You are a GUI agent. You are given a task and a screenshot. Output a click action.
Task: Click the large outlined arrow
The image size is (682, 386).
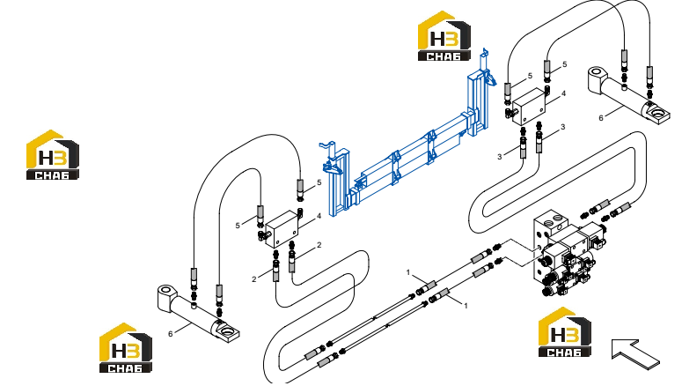tap(635, 353)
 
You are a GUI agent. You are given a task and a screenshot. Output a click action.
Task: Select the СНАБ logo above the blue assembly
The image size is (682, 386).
tap(444, 36)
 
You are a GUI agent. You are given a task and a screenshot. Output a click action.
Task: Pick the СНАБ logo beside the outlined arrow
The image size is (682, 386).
tap(565, 332)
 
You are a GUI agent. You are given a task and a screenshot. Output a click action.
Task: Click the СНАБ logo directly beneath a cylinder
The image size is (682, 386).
tap(126, 347)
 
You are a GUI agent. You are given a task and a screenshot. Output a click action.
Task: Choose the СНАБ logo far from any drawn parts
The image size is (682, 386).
tap(53, 154)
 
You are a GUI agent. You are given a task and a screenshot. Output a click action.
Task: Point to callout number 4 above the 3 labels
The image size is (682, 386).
tap(564, 93)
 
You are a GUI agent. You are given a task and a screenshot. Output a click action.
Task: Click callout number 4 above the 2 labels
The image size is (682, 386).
tap(319, 216)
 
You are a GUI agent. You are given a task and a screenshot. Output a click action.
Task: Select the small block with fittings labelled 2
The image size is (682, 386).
tap(282, 229)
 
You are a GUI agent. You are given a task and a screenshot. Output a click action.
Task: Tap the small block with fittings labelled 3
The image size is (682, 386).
tap(529, 107)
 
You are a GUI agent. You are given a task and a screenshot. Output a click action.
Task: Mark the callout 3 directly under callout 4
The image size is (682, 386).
tap(563, 127)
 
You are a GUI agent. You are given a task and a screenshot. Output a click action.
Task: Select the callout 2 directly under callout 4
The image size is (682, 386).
tap(319, 245)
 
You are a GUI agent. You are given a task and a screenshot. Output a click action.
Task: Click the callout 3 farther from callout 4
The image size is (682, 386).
tap(499, 157)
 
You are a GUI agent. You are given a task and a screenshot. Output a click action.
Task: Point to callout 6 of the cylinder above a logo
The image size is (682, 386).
tap(170, 334)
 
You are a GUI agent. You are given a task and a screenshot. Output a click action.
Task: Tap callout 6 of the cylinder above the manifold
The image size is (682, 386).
tap(601, 118)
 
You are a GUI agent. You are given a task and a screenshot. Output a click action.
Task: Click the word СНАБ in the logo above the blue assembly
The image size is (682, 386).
tap(444, 56)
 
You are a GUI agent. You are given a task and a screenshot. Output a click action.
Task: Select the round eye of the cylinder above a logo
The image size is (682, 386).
tap(165, 291)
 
